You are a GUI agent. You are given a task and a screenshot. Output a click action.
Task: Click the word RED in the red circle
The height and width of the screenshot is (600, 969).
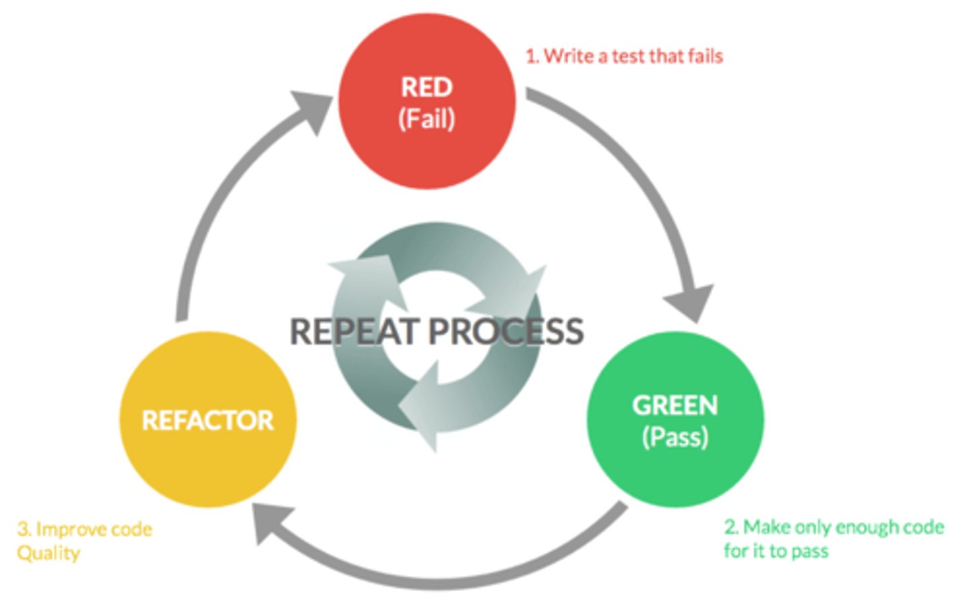click(427, 87)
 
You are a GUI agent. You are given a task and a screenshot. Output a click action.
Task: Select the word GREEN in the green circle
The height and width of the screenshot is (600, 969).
click(676, 406)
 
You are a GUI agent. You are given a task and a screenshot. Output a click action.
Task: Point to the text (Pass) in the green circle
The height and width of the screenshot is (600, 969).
click(676, 437)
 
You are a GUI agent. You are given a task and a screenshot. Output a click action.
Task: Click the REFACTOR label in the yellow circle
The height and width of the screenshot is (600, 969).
click(208, 420)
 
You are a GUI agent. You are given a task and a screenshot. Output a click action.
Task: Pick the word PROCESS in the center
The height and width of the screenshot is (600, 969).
click(506, 331)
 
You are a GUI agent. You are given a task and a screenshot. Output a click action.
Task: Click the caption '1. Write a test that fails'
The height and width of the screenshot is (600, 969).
click(624, 57)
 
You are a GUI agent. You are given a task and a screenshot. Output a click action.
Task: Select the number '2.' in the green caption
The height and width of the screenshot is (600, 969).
click(731, 527)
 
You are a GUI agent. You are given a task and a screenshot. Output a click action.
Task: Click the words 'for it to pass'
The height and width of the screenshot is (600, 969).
click(777, 552)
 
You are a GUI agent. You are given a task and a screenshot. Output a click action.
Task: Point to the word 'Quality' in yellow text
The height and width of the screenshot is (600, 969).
click(48, 554)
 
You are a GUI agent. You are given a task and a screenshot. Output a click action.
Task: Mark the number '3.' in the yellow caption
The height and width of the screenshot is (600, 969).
click(24, 529)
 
